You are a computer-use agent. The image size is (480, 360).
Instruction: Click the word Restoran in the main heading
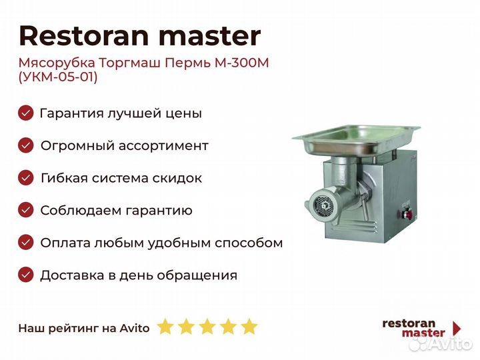84,36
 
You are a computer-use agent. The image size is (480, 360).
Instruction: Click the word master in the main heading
210,36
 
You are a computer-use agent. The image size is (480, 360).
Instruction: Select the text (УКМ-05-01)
58,77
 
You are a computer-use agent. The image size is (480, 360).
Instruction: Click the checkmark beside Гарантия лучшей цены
26,113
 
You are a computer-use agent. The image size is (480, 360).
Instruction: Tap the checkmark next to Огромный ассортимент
26,145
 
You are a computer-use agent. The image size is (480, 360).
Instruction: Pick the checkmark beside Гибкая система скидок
26,178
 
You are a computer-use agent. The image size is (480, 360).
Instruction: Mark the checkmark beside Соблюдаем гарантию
26,210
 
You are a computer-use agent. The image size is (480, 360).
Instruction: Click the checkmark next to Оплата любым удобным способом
26,243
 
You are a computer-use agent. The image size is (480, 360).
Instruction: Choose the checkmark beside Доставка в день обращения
26,275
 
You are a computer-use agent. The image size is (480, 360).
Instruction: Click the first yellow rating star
165,327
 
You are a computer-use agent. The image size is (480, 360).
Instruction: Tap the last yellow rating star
249,327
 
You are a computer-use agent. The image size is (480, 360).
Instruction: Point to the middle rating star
207,327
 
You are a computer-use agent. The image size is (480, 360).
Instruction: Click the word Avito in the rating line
135,328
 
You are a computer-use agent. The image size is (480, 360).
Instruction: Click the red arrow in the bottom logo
457,328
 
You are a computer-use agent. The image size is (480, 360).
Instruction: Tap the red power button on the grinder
407,213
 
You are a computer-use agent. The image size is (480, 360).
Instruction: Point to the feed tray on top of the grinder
356,139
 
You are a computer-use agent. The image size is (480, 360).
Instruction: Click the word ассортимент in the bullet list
163,146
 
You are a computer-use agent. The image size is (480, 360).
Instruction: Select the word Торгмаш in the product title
129,63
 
